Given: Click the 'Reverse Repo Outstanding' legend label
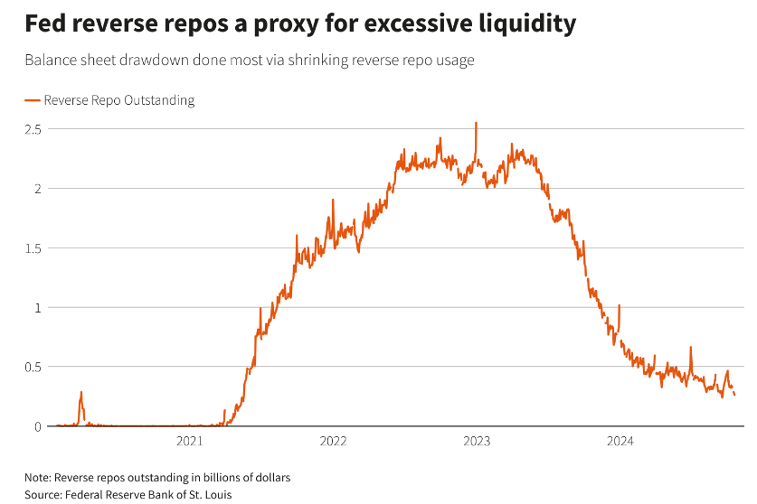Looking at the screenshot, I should pyautogui.click(x=118, y=100).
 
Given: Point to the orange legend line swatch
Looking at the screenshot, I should pyautogui.click(x=33, y=100).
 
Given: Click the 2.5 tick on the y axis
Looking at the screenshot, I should pyautogui.click(x=33, y=129).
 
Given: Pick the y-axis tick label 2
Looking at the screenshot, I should pyautogui.click(x=37, y=189).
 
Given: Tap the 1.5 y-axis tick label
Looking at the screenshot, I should pyautogui.click(x=33, y=248).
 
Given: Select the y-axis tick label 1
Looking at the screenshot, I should pyautogui.click(x=37, y=307).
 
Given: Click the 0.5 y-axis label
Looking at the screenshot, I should pyautogui.click(x=33, y=367).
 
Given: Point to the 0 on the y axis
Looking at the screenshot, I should pyautogui.click(x=37, y=426).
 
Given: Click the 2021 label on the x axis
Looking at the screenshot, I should pyautogui.click(x=190, y=442).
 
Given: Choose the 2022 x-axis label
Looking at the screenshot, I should pyautogui.click(x=333, y=442).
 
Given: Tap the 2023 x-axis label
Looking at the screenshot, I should pyautogui.click(x=477, y=442).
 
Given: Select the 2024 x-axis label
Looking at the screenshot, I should pyautogui.click(x=620, y=442).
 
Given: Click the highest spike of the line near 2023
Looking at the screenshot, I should pyautogui.click(x=476, y=123).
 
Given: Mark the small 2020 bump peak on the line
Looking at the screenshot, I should pyautogui.click(x=81, y=393).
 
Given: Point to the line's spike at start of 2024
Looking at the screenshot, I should pyautogui.click(x=619, y=306).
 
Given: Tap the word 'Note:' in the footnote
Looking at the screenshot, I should pyautogui.click(x=38, y=477).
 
